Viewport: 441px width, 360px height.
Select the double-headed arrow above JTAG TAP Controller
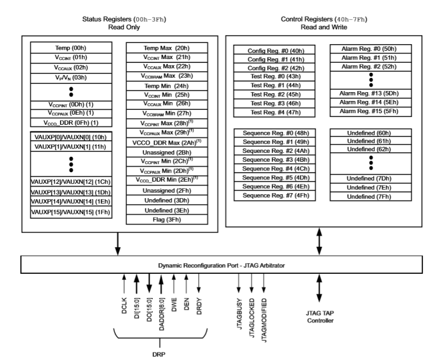(319, 290)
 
